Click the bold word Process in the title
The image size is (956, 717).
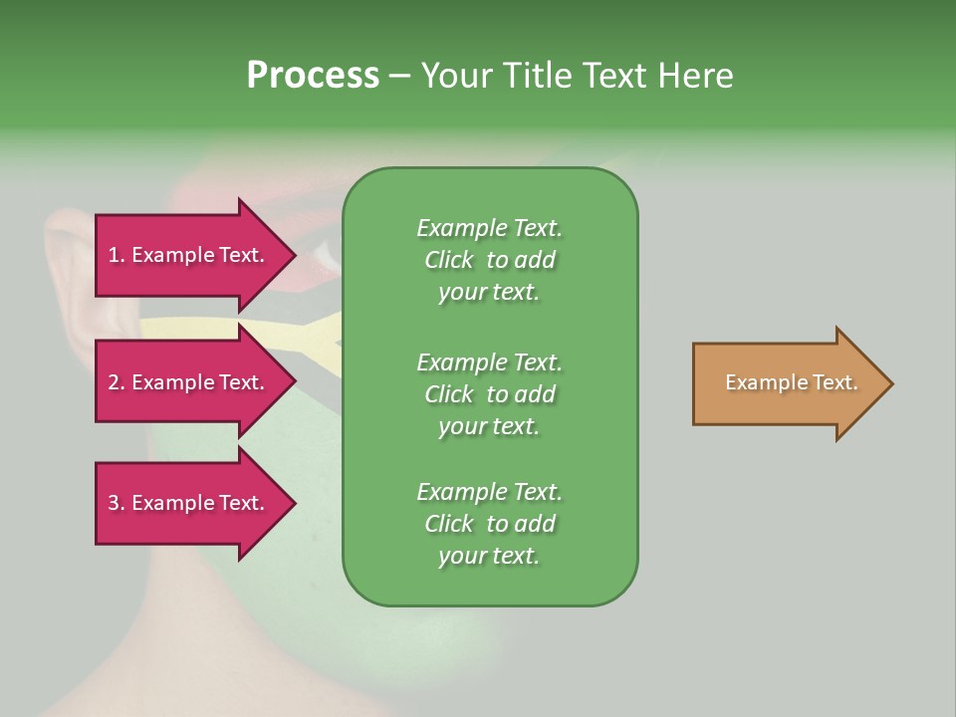(x=313, y=76)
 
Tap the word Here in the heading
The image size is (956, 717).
(x=695, y=75)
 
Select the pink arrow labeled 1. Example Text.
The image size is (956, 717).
(x=195, y=255)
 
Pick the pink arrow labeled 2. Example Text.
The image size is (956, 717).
(x=195, y=381)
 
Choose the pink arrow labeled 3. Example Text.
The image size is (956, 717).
(x=195, y=503)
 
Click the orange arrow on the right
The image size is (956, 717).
(x=793, y=383)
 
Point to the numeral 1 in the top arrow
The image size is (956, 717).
(x=113, y=256)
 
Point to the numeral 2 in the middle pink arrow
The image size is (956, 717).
(x=114, y=382)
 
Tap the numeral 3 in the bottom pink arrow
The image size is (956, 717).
(x=114, y=503)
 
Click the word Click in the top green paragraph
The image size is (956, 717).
(x=449, y=260)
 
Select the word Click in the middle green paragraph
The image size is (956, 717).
(x=449, y=394)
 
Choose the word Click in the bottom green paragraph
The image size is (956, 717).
(x=449, y=523)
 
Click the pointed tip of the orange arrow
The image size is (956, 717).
(x=893, y=383)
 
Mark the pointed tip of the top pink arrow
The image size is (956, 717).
(x=296, y=255)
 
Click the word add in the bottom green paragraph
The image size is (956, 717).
(x=538, y=523)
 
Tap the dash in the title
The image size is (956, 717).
(x=399, y=78)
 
